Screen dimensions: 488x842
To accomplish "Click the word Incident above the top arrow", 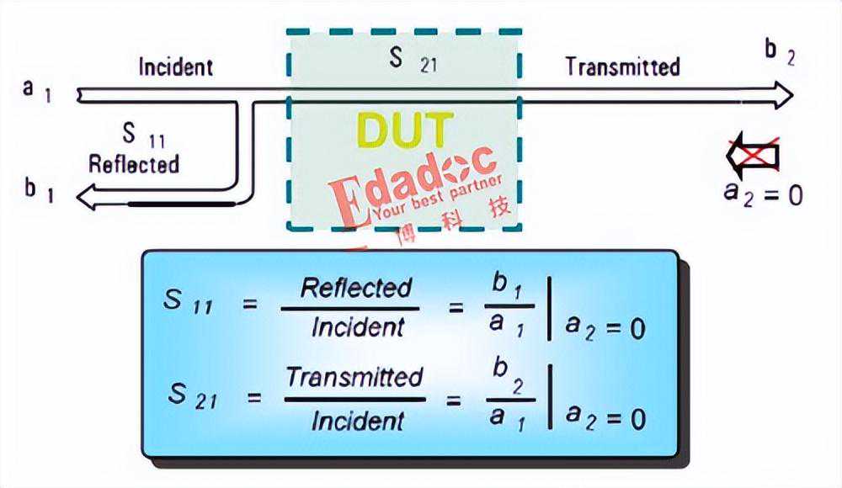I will click(x=175, y=66).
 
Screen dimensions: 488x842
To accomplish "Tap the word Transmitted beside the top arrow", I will click(x=622, y=66).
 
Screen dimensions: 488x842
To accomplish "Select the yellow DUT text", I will click(x=404, y=130).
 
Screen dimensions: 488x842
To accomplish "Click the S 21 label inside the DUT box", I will click(x=413, y=60).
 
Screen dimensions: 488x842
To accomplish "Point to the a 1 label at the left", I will click(x=38, y=88).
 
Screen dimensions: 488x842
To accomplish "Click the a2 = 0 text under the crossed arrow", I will click(x=763, y=194).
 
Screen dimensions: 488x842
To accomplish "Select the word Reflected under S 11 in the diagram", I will click(x=134, y=163).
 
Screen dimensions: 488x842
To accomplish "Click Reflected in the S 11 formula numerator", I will click(x=356, y=289).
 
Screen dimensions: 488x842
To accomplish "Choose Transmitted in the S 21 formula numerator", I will click(x=354, y=378).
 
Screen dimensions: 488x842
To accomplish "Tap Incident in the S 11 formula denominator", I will click(x=357, y=327).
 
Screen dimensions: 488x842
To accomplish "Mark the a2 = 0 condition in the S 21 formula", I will click(x=605, y=417).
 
